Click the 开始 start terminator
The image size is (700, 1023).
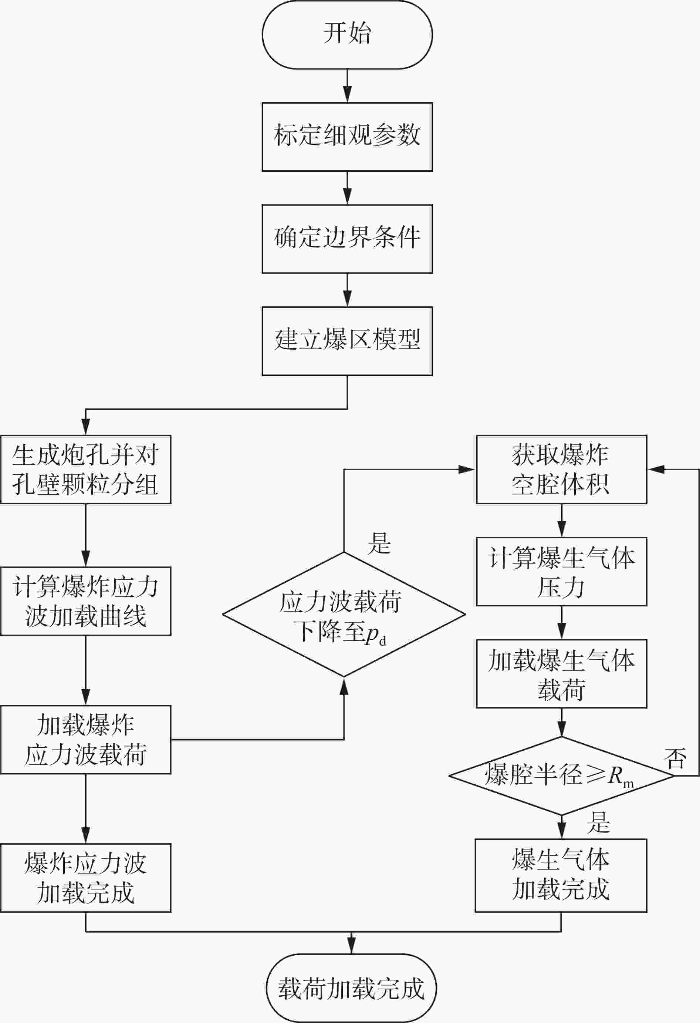(x=347, y=35)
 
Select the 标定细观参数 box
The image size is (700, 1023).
(x=347, y=137)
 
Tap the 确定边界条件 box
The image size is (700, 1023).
(x=347, y=239)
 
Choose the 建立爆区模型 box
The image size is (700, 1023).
(x=347, y=341)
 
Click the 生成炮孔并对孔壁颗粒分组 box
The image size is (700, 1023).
(x=85, y=470)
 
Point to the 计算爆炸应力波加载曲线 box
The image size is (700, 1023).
(x=85, y=601)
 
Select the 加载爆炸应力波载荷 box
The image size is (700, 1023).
(x=85, y=740)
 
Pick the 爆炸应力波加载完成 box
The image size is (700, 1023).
(x=85, y=878)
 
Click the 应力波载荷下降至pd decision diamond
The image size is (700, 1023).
(x=344, y=615)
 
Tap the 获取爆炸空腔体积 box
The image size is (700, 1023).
(x=561, y=470)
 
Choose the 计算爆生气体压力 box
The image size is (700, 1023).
(x=561, y=571)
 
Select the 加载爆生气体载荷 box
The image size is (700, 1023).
(x=561, y=673)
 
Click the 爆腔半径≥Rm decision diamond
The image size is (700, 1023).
(x=561, y=775)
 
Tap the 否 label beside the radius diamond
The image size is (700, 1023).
(x=675, y=758)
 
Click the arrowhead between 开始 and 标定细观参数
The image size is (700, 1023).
(x=347, y=95)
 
